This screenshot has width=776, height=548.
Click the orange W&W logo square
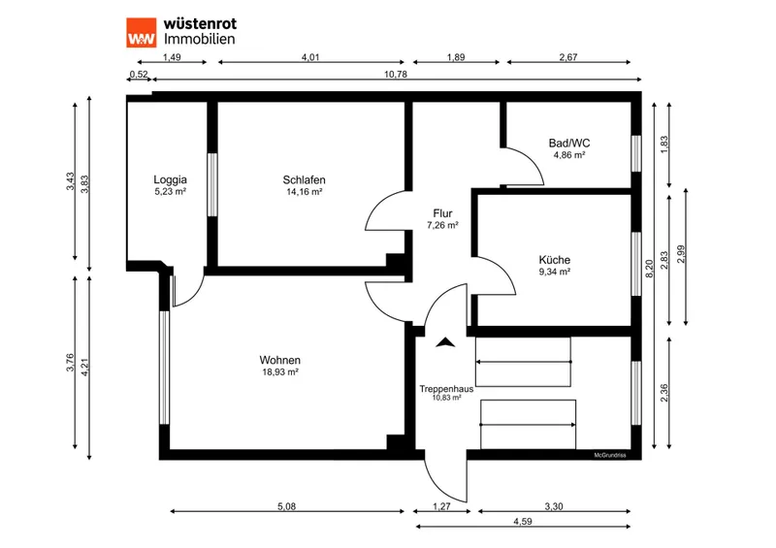pos(141,33)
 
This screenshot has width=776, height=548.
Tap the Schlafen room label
pos(304,179)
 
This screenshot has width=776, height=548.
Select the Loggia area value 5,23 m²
pos(171,192)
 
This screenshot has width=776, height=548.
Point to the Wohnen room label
pos(279,360)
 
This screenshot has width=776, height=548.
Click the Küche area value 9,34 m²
pos(554,272)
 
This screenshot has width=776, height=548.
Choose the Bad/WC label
pos(569,144)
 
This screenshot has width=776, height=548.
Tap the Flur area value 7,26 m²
pos(442,225)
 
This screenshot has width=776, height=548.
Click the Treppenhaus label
pos(446,389)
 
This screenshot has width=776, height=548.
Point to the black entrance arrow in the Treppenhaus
pos(445,342)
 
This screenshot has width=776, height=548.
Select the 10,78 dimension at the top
pos(396,75)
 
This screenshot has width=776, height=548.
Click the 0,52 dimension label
pos(139,75)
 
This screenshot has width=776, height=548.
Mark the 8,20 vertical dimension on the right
pos(650,269)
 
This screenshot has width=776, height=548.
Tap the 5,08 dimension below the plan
pos(286,506)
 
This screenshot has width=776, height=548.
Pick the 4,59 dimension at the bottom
pos(523,521)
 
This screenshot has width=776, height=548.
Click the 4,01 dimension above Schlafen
pos(310,57)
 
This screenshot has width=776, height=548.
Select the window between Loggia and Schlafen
pos(212,184)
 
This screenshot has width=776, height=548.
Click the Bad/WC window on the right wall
pos(636,154)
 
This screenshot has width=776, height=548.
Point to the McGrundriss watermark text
pos(610,456)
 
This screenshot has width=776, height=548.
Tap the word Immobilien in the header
pos(200,39)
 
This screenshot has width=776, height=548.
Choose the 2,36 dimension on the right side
pos(664,393)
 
